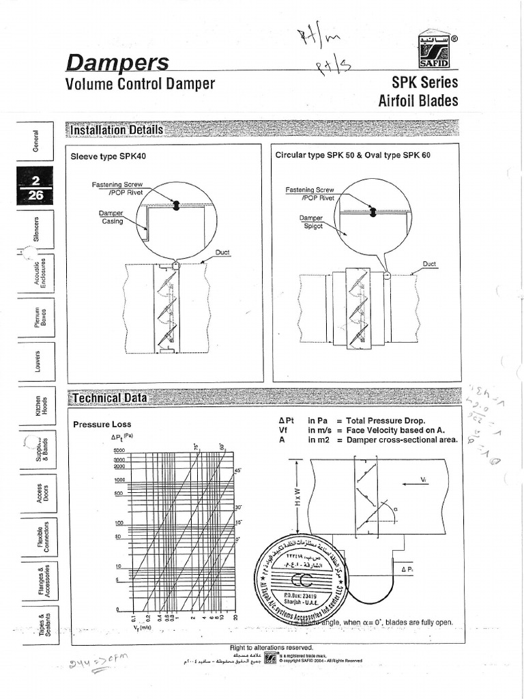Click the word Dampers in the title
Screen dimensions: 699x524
tap(117, 63)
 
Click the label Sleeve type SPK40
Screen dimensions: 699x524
tap(108, 156)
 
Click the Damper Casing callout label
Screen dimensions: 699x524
tap(109, 218)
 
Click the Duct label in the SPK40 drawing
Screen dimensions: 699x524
tap(222, 252)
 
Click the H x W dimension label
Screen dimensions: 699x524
tap(297, 501)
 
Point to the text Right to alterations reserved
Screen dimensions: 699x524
tap(272, 647)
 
